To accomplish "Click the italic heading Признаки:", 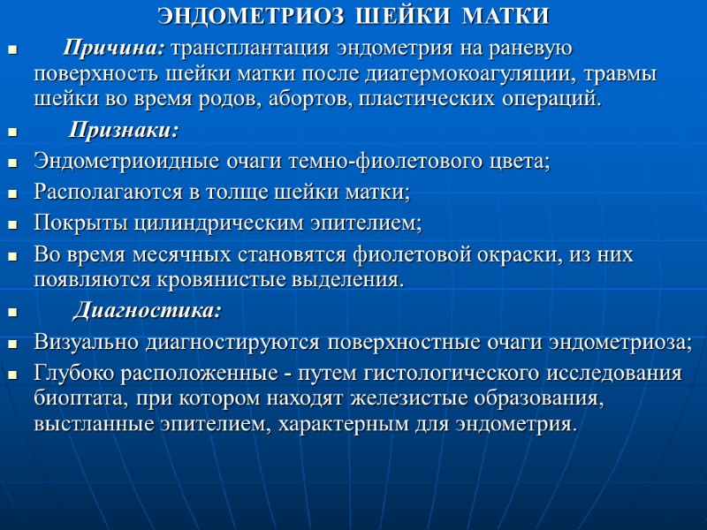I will [x=124, y=132].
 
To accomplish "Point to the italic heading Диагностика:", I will [x=147, y=312].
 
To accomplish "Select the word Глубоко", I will [x=71, y=373].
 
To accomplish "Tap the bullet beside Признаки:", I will [x=12, y=133].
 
